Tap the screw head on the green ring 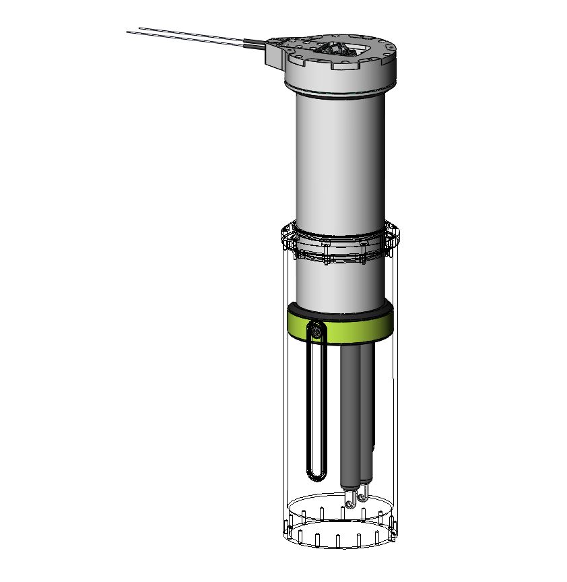click(x=316, y=330)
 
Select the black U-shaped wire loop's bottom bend click(x=315, y=477)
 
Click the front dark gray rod click(x=350, y=418)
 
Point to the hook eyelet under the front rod click(x=350, y=500)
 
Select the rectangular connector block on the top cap click(x=276, y=54)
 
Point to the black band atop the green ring click(x=340, y=313)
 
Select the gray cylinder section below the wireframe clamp click(x=340, y=283)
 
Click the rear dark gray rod click(x=368, y=411)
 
